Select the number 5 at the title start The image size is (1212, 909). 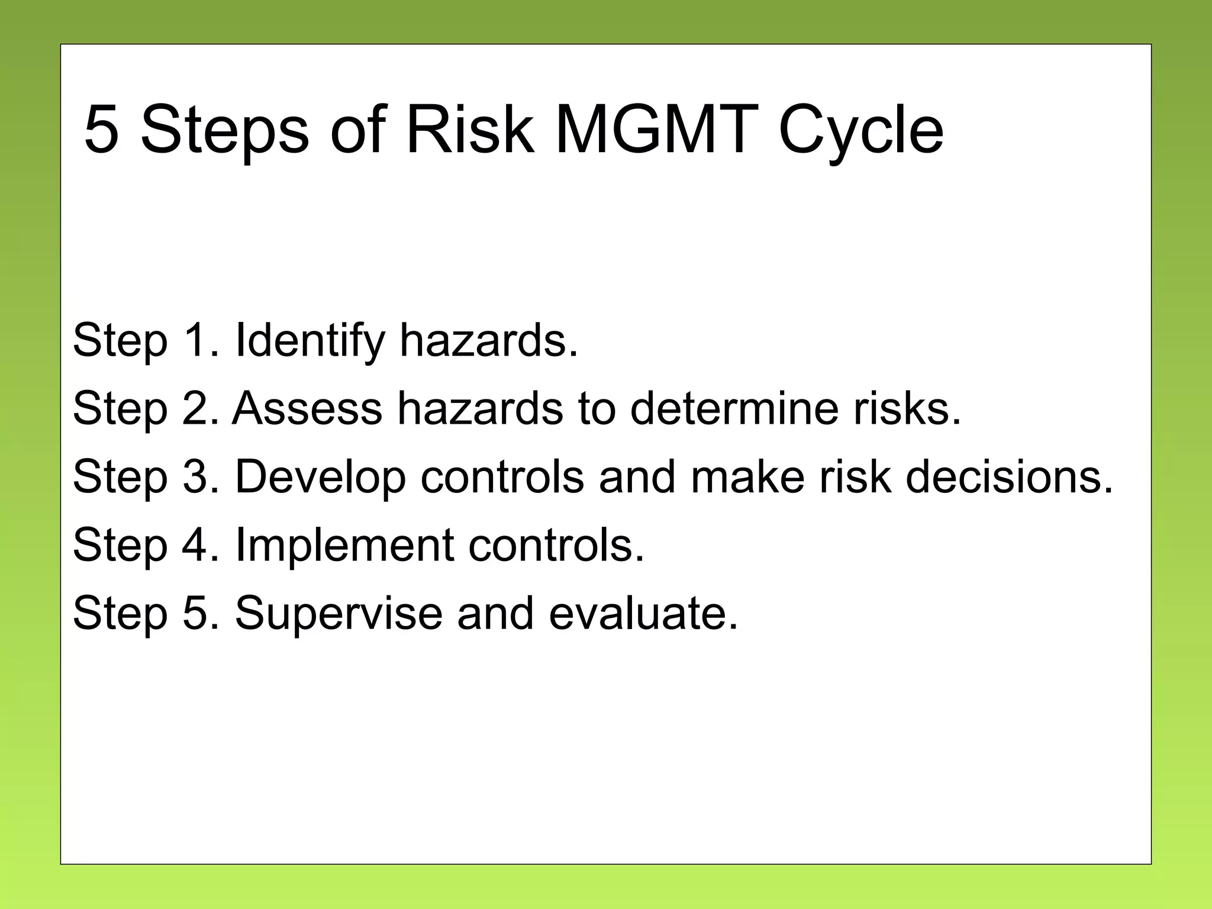click(x=102, y=130)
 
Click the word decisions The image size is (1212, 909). click(x=1009, y=477)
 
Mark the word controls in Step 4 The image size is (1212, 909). click(x=556, y=545)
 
